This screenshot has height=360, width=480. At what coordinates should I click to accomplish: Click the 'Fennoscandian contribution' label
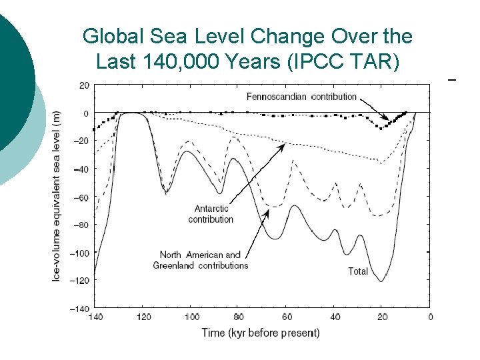point(301,97)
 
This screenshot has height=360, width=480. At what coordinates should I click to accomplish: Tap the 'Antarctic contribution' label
point(211,214)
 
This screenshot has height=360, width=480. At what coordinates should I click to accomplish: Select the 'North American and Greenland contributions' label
point(200,260)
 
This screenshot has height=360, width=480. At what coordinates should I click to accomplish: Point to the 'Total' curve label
point(358,271)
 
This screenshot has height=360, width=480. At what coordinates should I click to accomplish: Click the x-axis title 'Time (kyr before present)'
point(261,333)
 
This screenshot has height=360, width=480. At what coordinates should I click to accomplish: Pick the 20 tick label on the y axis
point(83,85)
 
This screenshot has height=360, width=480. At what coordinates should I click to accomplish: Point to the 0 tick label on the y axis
point(85,113)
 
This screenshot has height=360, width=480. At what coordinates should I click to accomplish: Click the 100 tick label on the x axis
point(191,317)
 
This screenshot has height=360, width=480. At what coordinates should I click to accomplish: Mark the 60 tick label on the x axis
point(287,317)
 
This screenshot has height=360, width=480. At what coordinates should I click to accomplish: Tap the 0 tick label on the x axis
point(430,317)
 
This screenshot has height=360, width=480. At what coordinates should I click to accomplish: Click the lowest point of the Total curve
point(381,281)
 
